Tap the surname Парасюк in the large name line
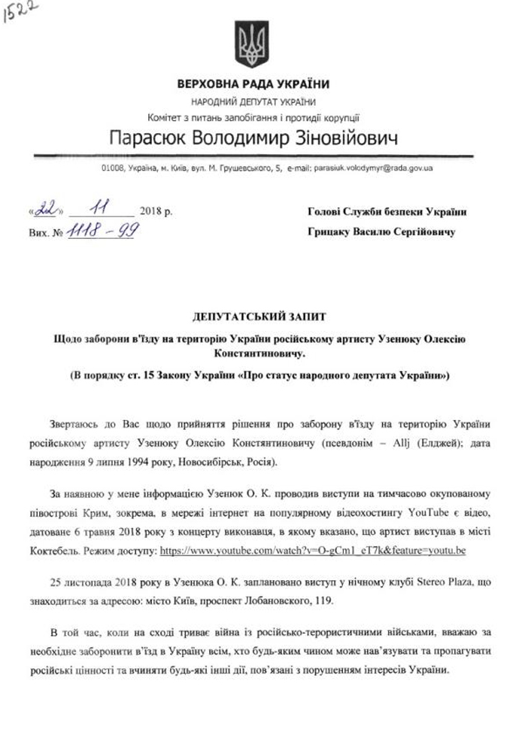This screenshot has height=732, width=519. [x=152, y=139]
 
